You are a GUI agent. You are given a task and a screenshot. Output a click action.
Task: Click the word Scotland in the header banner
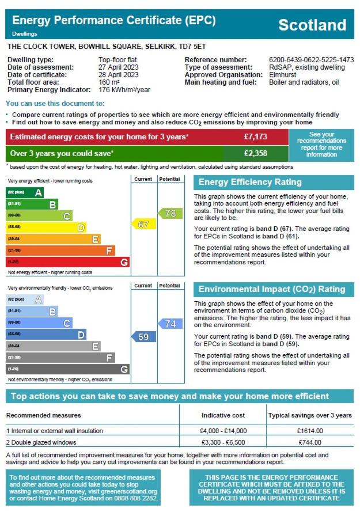[x=312, y=25]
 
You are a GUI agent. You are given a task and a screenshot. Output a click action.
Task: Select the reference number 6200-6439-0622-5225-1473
[x=311, y=59]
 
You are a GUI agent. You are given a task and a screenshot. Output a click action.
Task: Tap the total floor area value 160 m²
[x=109, y=82]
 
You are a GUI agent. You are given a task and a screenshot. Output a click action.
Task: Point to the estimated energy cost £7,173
[x=255, y=136]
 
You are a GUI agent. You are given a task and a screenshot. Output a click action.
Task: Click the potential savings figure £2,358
[x=255, y=153]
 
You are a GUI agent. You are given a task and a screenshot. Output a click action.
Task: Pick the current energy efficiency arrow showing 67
[x=144, y=225]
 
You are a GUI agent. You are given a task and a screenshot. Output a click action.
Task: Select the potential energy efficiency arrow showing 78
[x=170, y=213]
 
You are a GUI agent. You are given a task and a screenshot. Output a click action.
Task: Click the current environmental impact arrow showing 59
[x=144, y=337]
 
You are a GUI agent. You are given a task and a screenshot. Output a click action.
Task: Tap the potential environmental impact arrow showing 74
[x=170, y=324]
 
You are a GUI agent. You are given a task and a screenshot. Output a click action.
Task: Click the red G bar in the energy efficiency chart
[x=67, y=262]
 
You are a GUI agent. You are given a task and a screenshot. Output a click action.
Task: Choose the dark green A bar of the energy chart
[x=25, y=192]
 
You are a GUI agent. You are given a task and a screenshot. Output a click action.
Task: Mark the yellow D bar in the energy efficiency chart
[x=46, y=227]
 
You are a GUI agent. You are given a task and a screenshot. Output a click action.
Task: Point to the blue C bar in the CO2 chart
[x=39, y=323]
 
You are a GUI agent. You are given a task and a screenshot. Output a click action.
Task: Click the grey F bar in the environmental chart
[x=60, y=358]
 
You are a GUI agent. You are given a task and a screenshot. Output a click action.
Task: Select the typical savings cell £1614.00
[x=310, y=431]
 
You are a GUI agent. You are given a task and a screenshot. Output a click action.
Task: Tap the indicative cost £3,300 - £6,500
[x=223, y=442]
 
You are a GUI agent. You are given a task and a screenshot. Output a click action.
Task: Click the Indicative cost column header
[x=223, y=415]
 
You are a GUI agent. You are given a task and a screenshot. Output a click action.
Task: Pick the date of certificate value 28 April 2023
[x=119, y=75]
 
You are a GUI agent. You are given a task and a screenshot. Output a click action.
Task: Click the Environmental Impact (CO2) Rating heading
[x=272, y=289]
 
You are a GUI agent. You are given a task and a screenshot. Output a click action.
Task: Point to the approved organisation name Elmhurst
[x=282, y=75]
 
